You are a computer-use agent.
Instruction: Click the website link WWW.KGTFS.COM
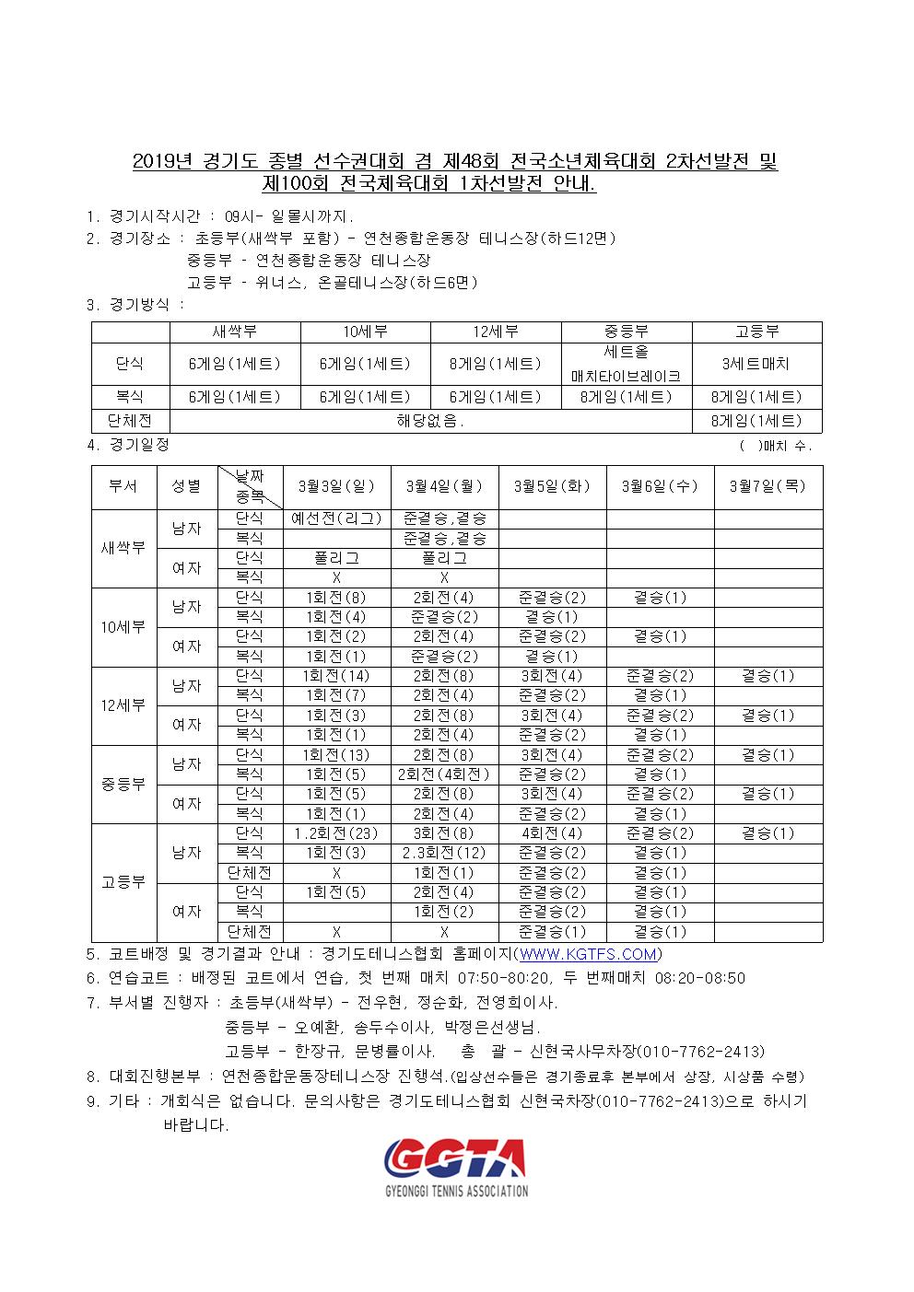click(588, 954)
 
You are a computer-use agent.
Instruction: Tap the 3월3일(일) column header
click(336, 485)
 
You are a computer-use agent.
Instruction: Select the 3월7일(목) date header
click(768, 485)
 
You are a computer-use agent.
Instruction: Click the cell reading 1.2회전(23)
click(336, 833)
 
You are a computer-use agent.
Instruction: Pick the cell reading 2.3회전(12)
click(445, 853)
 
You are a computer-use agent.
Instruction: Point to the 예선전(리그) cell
click(336, 519)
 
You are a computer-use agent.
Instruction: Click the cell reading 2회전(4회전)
click(445, 774)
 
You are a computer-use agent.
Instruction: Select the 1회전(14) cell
click(336, 676)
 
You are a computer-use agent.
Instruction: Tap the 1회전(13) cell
click(336, 755)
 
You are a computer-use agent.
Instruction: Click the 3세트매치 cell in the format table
click(756, 364)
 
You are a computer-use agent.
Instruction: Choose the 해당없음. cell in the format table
click(430, 422)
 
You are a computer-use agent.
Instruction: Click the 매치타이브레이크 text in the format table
click(627, 376)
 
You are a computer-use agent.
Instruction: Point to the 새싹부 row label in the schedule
click(123, 548)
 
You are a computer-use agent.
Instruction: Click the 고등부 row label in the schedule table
click(123, 882)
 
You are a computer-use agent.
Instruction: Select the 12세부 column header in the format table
click(496, 332)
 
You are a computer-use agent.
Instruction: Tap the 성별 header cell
click(186, 485)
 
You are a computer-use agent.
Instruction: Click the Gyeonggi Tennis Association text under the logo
click(456, 1191)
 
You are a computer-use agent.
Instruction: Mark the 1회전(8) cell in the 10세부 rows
click(336, 598)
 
